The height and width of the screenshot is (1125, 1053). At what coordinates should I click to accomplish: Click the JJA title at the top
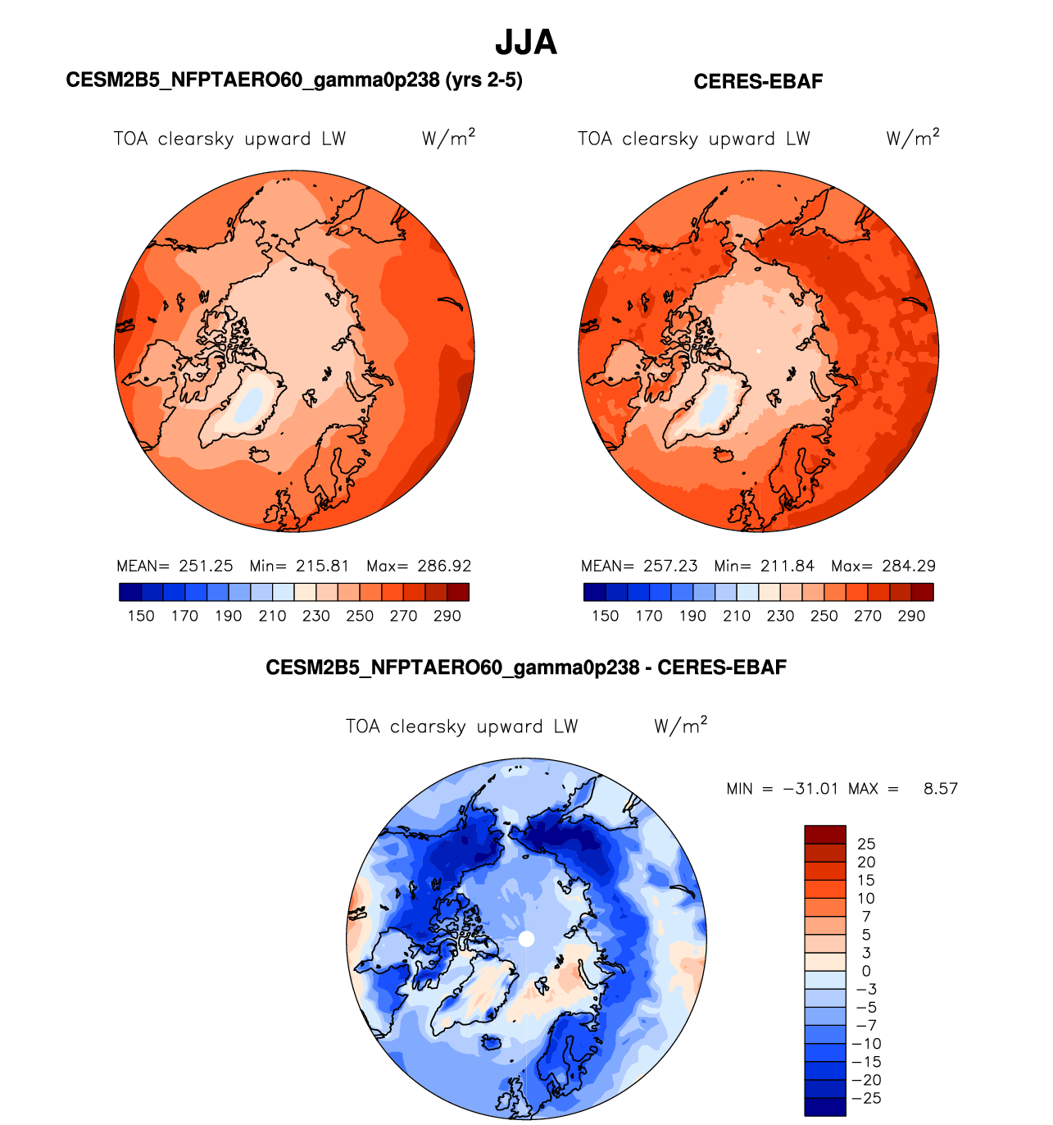click(526, 43)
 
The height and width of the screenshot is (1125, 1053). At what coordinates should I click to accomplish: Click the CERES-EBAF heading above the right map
click(758, 81)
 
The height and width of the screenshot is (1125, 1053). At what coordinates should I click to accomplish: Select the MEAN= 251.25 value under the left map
click(175, 566)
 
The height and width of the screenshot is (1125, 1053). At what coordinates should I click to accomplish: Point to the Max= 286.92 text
click(419, 566)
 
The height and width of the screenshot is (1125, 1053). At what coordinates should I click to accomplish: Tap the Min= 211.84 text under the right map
click(765, 566)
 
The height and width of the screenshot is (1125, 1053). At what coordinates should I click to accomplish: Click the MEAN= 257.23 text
click(639, 566)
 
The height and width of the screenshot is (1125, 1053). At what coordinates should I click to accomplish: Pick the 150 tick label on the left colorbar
click(141, 616)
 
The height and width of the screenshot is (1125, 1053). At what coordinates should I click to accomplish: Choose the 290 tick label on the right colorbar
click(911, 616)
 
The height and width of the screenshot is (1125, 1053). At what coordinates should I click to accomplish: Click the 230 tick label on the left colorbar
click(316, 616)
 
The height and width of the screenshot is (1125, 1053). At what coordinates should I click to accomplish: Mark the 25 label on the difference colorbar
click(866, 844)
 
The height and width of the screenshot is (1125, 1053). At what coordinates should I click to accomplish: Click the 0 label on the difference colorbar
click(866, 971)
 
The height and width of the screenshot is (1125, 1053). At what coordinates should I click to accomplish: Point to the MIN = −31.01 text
click(782, 789)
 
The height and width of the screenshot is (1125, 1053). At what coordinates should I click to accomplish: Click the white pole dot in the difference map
click(527, 938)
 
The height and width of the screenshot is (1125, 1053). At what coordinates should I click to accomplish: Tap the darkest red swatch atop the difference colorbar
click(824, 834)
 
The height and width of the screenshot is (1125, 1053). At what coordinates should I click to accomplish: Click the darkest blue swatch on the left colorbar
click(130, 592)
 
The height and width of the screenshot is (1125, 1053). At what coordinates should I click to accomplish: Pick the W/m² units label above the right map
click(913, 137)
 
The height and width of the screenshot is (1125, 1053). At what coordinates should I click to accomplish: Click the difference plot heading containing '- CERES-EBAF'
click(526, 667)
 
